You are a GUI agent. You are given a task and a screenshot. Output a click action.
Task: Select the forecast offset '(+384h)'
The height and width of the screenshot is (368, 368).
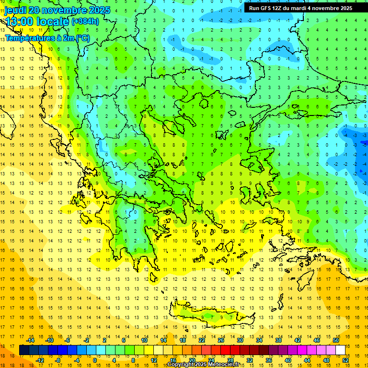point(85,22)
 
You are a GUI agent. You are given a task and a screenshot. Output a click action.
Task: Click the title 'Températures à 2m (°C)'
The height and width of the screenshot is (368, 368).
point(46,37)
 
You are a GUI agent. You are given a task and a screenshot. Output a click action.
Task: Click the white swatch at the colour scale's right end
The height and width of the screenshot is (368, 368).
point(341,350)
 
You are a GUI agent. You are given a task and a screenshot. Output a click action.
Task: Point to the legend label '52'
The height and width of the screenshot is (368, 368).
point(345,360)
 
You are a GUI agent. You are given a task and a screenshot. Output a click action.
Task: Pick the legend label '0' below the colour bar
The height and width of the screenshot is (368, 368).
point(94,360)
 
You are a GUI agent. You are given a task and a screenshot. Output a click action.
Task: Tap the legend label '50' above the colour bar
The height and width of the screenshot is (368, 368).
point(335,340)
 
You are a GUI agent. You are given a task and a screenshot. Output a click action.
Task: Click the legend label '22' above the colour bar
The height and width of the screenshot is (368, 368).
point(202,340)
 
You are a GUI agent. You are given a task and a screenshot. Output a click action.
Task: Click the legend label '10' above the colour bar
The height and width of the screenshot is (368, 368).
point(144,340)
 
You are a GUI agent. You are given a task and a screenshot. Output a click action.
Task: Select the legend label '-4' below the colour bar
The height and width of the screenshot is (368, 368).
point(76,360)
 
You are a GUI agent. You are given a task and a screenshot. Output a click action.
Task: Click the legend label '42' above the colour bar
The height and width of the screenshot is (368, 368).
point(297,340)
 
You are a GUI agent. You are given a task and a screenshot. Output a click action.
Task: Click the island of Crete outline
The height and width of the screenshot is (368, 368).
point(211,316)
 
